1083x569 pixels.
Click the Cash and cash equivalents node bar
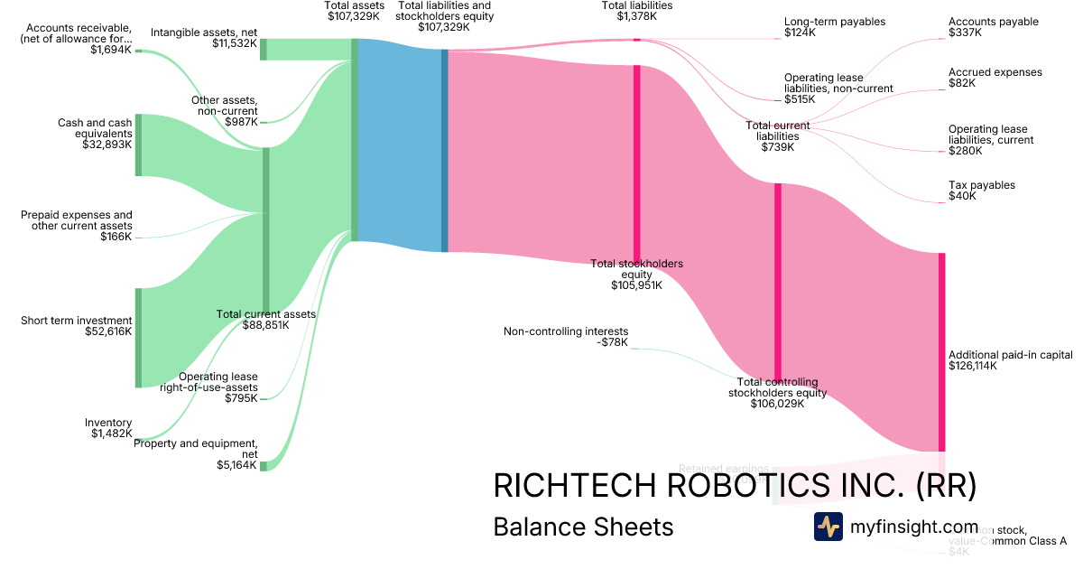coord(138,145)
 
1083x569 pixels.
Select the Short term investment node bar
coord(138,338)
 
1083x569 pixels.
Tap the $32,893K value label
coord(106,145)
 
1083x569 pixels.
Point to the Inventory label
coord(108,423)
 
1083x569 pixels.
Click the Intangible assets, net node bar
coord(264,50)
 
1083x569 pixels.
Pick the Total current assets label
coord(266,314)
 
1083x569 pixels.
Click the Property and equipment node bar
coord(264,465)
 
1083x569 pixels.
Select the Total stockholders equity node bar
coord(636,163)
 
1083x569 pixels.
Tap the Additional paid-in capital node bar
coord(941,351)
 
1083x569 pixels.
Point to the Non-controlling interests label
coord(565,331)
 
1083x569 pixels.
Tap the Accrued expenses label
coord(995,72)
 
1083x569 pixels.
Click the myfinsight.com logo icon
coord(828,527)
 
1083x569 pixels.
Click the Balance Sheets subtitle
coord(583,527)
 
